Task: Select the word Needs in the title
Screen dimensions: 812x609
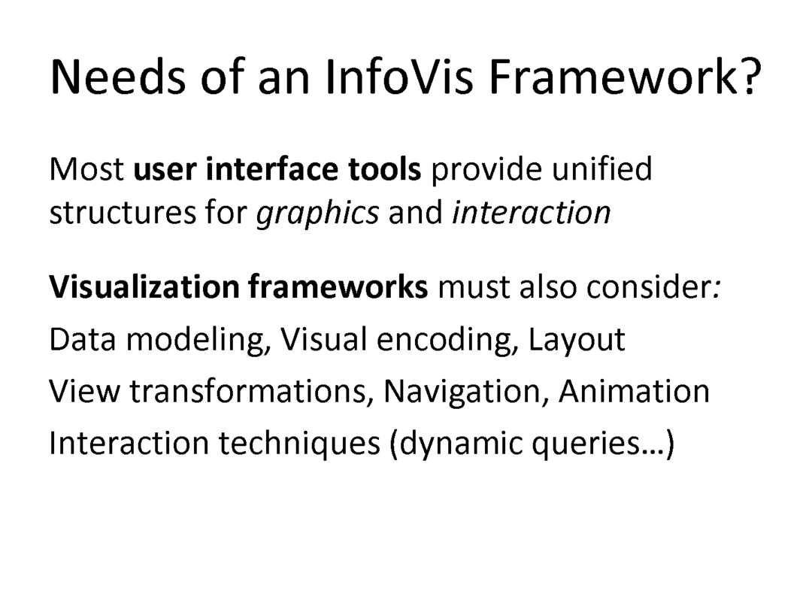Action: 117,77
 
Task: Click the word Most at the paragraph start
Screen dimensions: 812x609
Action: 86,169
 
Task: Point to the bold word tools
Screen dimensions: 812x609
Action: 385,169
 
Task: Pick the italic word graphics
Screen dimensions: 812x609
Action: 317,214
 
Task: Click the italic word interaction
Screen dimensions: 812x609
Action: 532,212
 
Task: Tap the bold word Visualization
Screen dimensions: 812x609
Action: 144,286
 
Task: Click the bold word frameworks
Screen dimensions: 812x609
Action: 338,286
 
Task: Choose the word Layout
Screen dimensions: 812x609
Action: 577,341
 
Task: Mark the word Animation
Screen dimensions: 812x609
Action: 634,391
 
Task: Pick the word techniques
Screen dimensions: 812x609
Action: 299,444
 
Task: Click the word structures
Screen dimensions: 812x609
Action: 123,213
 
